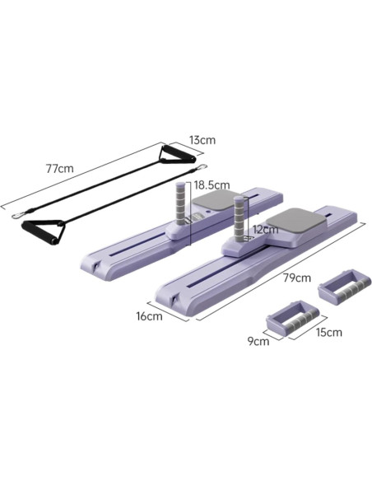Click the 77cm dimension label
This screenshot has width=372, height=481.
pos(60,168)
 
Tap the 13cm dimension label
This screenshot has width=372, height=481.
pos(202,140)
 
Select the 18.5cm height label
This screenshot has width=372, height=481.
pos(212,185)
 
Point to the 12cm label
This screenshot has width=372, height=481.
pos(266,229)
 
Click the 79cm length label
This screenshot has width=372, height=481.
pos(297,278)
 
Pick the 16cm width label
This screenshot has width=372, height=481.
pos(149,316)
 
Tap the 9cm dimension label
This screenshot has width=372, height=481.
pos(258,341)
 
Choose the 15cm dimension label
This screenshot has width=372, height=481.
pos(329,332)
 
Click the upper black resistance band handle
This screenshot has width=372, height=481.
pos(177,155)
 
